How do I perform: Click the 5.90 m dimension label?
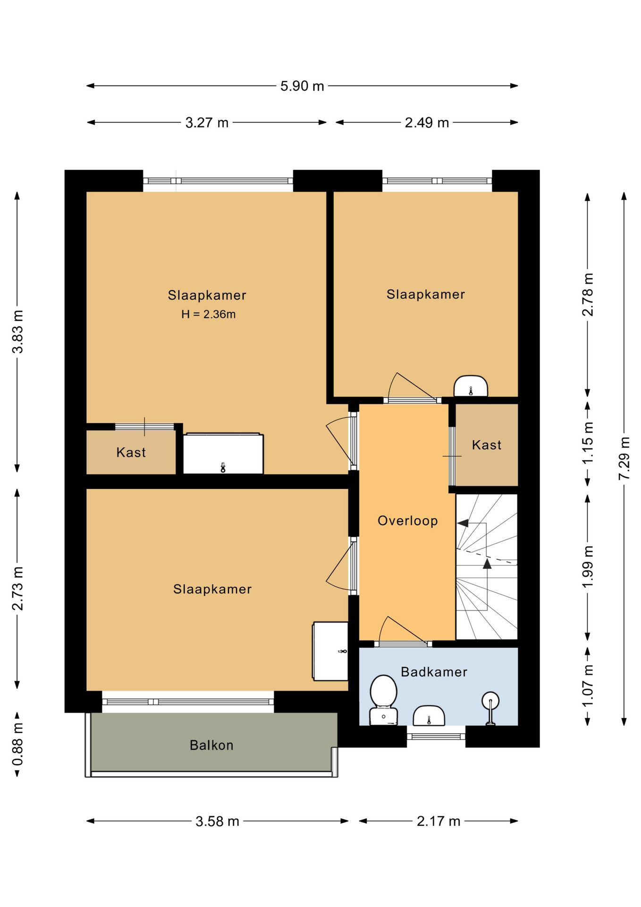[302, 86]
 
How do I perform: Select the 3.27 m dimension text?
[207, 123]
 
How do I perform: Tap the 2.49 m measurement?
[427, 123]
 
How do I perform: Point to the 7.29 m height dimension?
[624, 458]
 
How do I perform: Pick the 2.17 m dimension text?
[439, 821]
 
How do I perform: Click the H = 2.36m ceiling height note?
[208, 314]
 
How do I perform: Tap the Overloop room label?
[408, 521]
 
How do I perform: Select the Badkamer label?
[434, 672]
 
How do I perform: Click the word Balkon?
[211, 745]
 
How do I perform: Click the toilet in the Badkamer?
[383, 700]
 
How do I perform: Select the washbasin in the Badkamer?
[429, 716]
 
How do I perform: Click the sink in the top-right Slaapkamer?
[471, 386]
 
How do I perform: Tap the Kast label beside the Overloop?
[487, 445]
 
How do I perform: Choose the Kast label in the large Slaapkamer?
[131, 453]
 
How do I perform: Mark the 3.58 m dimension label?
[218, 821]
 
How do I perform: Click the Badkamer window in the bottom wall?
[436, 736]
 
